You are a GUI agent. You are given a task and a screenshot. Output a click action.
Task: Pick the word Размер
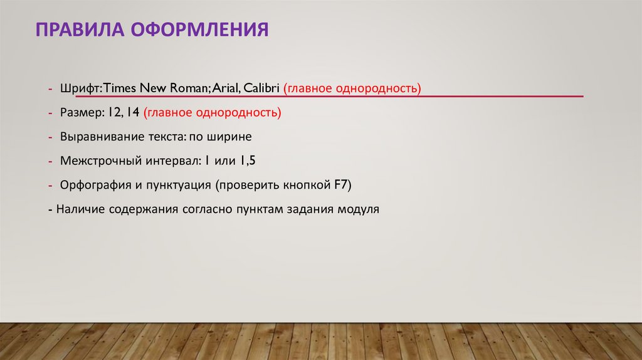tap(82, 113)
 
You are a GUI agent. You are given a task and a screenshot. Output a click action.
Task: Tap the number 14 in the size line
tap(132, 113)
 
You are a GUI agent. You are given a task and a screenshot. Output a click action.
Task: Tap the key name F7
tap(343, 184)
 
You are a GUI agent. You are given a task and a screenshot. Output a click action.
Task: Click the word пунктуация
tap(180, 184)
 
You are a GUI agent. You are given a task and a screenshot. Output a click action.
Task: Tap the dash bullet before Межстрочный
tap(50, 161)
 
